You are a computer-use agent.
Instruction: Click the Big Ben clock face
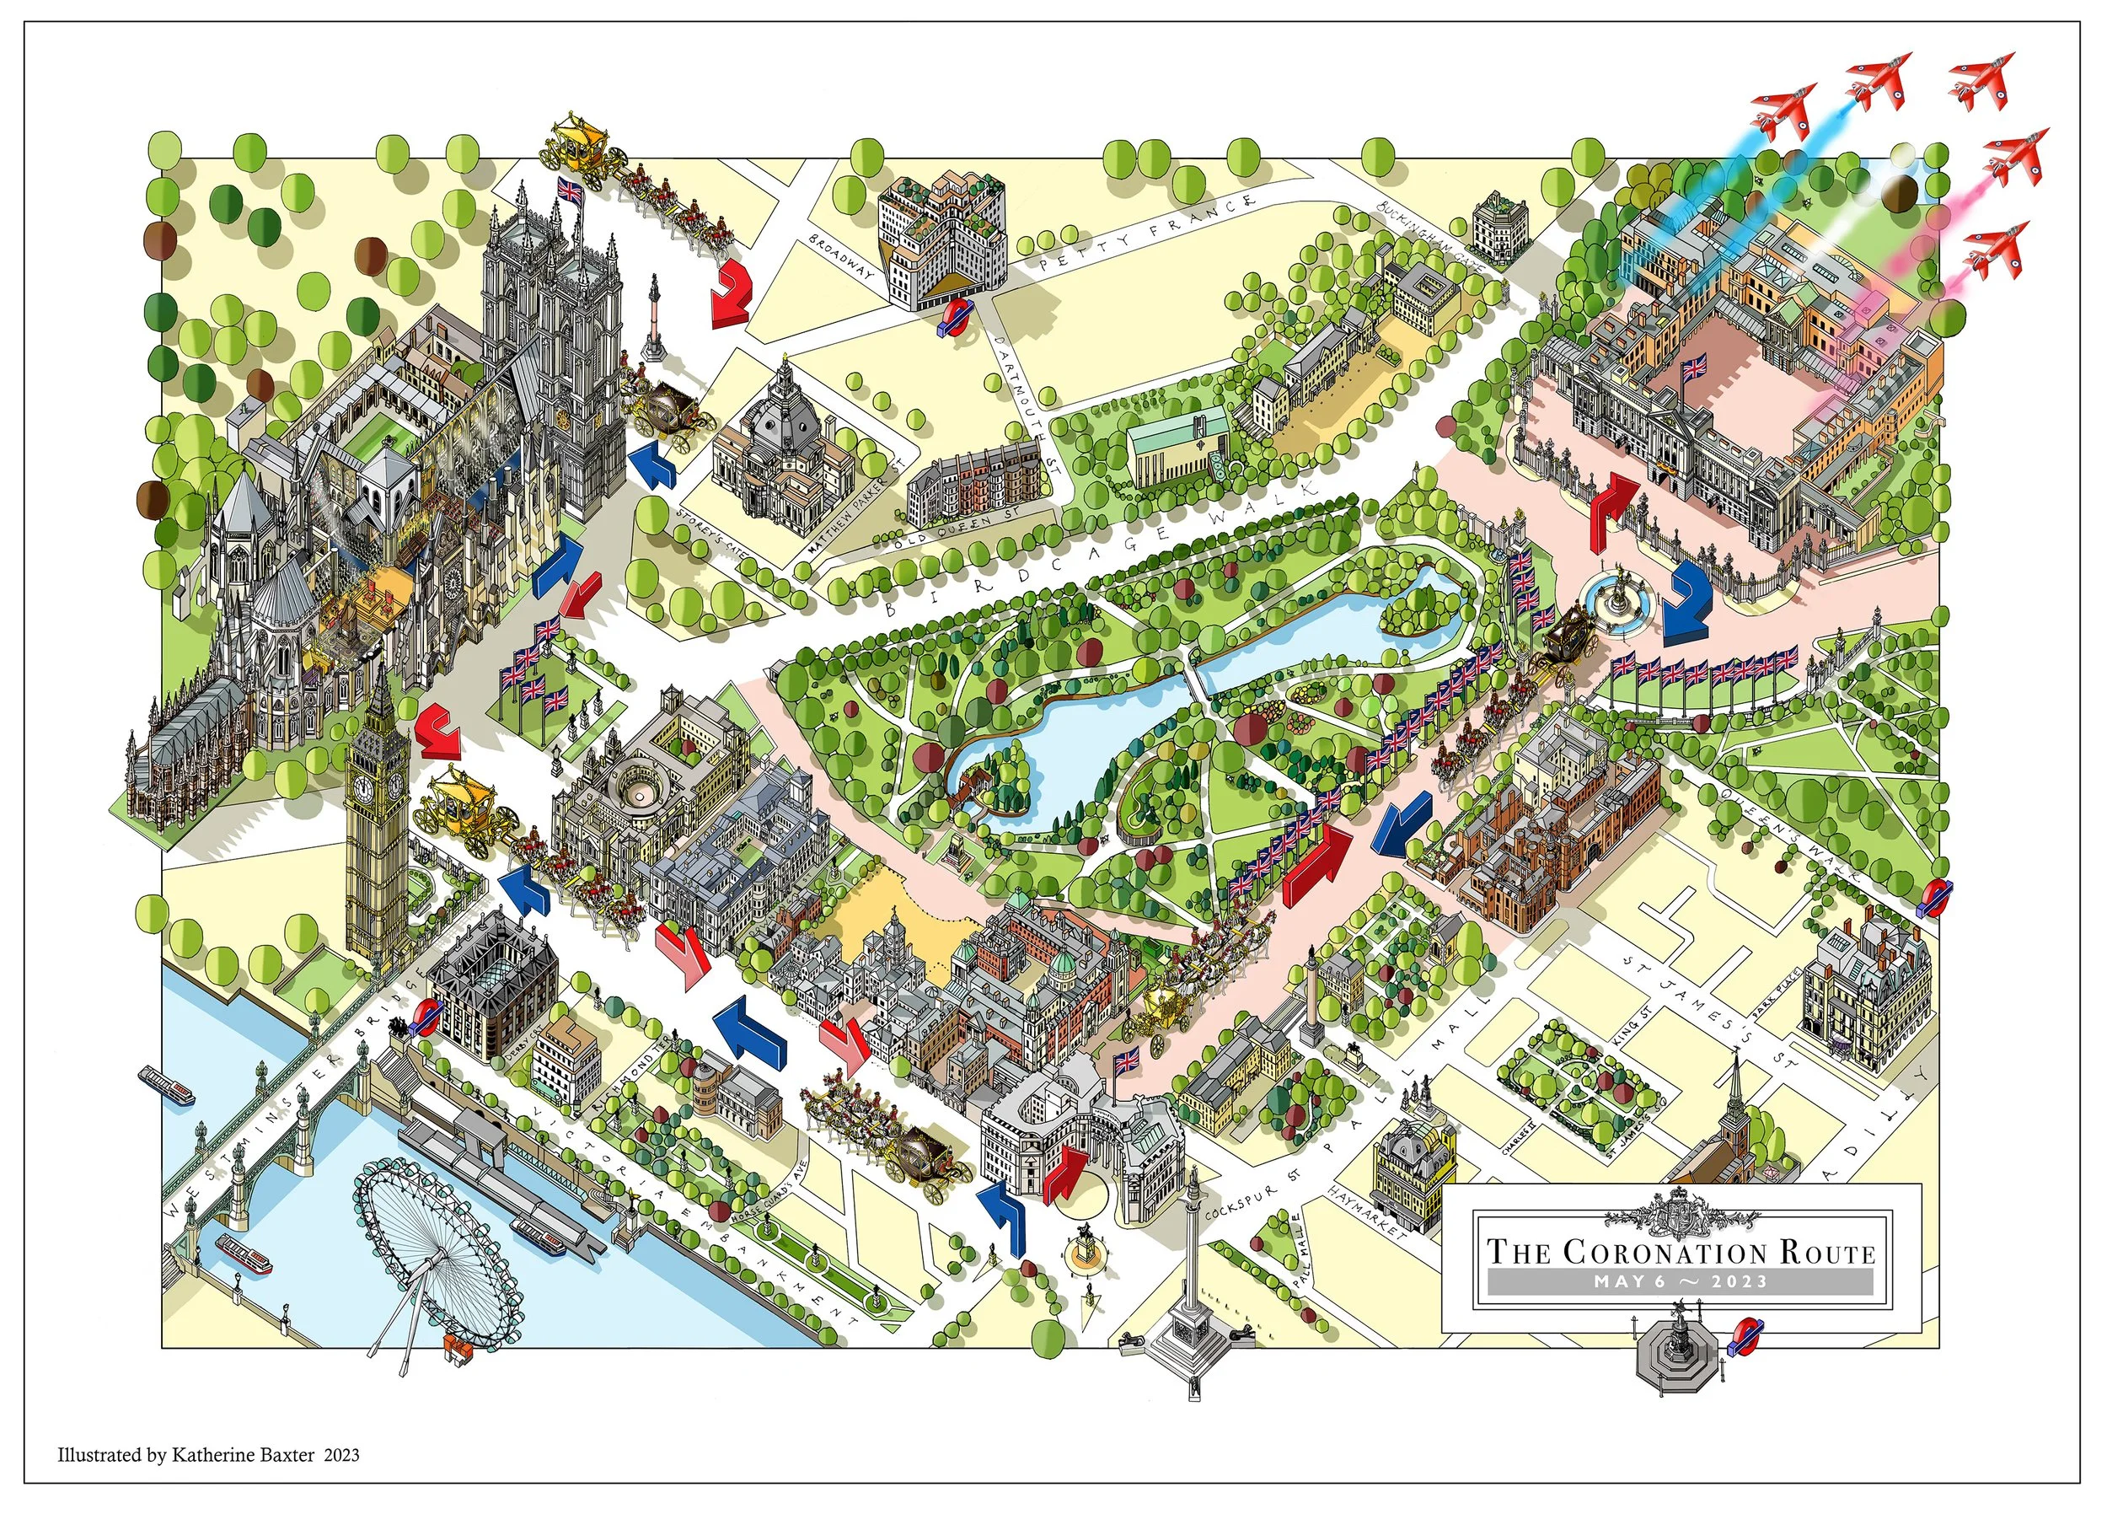pos(363,789)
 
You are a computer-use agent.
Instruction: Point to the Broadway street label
pos(842,257)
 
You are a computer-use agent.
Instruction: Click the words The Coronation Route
pos(1681,1252)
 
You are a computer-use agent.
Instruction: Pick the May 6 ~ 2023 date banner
pos(1681,1282)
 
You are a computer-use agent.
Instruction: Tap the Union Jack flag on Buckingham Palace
pos(1693,368)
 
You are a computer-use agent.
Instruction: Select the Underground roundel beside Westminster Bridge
pos(426,1016)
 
